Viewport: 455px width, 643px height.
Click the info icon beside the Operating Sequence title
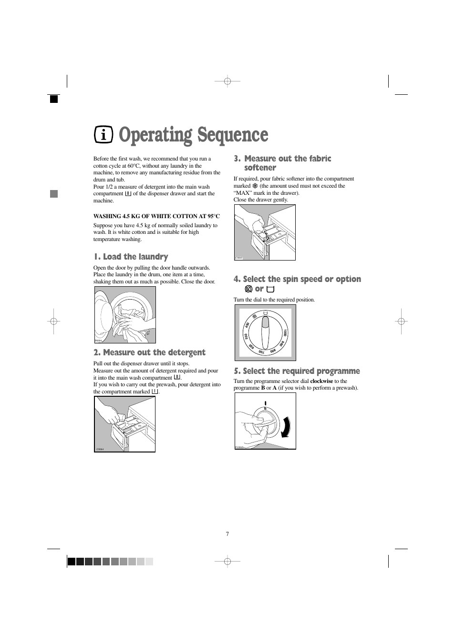[103, 135]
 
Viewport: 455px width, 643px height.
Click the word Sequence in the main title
[233, 135]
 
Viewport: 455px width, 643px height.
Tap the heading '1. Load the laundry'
[131, 257]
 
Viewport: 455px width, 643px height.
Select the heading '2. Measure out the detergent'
[149, 352]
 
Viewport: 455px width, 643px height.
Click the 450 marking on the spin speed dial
[247, 325]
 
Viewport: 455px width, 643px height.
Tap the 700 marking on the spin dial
[261, 352]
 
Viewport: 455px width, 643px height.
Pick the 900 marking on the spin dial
[282, 343]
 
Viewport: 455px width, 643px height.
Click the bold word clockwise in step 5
[321, 381]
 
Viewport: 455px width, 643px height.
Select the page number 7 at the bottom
[227, 534]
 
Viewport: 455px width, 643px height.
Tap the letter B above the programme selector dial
[265, 409]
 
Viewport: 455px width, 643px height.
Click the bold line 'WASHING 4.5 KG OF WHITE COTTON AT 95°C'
[156, 216]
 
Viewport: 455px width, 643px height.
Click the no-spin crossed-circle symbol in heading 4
[248, 289]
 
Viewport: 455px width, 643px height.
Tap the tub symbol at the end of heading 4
[270, 289]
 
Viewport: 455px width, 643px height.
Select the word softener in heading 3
[260, 168]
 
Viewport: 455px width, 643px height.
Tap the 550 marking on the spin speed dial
[246, 337]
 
